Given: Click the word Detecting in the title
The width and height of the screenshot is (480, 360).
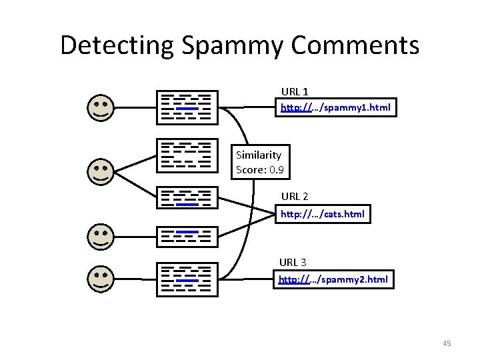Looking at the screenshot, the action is pos(117,46).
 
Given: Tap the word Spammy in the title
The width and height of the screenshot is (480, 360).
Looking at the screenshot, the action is pos(232,46).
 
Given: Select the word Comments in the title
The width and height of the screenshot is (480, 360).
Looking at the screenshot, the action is pos(355,45).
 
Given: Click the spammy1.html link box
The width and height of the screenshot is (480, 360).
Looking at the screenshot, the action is pos(336,107).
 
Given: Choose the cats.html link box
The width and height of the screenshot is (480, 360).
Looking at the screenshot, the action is pos(323,214).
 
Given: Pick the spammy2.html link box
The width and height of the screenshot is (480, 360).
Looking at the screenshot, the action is pos(333,279).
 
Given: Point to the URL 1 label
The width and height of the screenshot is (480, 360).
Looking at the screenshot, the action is pos(295,91).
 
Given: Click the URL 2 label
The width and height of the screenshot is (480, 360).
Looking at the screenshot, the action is pos(295,196).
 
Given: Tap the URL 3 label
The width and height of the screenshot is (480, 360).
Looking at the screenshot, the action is pos(293,263).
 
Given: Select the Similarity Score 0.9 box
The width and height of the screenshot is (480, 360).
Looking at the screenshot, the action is pos(261,162).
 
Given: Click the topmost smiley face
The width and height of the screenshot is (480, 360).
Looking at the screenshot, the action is pos(101,108).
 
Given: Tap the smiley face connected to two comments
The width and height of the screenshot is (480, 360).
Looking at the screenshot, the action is pos(101,172).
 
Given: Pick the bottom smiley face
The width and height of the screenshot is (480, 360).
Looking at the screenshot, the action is pos(101,279).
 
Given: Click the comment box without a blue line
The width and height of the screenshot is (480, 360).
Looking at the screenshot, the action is pos(187,155).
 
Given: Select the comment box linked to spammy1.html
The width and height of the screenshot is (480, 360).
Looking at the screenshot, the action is pos(187,107).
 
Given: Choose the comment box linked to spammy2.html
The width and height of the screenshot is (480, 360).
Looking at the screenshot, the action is pos(187,279).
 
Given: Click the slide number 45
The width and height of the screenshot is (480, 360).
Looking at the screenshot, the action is pos(447,343).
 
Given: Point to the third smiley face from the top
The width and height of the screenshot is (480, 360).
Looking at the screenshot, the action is pos(101,237).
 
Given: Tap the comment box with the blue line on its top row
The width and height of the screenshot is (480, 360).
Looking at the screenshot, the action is pos(187,237).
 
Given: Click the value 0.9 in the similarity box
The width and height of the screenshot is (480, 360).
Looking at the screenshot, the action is pos(277,169).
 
